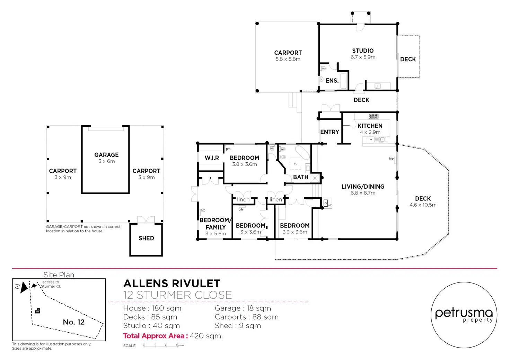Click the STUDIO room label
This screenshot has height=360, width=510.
(363, 51)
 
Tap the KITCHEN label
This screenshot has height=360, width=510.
(370, 126)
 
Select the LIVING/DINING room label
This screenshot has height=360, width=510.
(363, 187)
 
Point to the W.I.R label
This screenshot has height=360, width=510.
(212, 158)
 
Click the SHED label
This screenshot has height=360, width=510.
(146, 238)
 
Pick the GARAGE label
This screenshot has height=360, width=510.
(106, 155)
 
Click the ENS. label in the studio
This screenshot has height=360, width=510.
(332, 81)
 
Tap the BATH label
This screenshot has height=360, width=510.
(300, 177)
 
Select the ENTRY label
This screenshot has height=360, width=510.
(329, 132)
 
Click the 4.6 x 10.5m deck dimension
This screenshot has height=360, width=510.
(423, 205)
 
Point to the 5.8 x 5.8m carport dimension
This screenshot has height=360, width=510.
(288, 59)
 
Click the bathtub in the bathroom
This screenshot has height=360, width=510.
(303, 153)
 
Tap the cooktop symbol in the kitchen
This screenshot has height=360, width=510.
(373, 116)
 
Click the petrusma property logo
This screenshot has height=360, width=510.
(464, 315)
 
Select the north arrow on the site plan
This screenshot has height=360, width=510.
(23, 287)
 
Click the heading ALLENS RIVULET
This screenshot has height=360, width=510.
(172, 283)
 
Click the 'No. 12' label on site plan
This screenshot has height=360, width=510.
(73, 322)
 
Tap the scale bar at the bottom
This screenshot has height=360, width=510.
(163, 345)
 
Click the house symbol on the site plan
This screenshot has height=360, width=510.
(38, 311)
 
